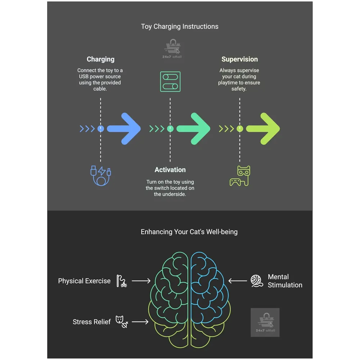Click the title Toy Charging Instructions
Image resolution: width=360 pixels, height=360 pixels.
pyautogui.click(x=180, y=26)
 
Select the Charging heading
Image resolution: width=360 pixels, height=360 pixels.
pyautogui.click(x=100, y=59)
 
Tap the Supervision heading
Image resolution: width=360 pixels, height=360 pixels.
pyautogui.click(x=239, y=59)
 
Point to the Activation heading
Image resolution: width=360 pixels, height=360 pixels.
pyautogui.click(x=170, y=170)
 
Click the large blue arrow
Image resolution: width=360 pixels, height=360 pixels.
pyautogui.click(x=124, y=129)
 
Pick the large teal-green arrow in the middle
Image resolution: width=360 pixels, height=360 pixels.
pyautogui.click(x=194, y=129)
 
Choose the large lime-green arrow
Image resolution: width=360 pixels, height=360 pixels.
pyautogui.click(x=263, y=129)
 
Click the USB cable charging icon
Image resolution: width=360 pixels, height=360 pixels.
pyautogui.click(x=100, y=175)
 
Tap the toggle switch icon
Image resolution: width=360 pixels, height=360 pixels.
pyautogui.click(x=170, y=81)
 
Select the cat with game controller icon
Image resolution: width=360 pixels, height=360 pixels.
pyautogui.click(x=240, y=176)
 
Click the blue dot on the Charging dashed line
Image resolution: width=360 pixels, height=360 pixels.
pyautogui.click(x=101, y=129)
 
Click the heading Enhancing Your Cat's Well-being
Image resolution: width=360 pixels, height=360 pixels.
pyautogui.click(x=189, y=232)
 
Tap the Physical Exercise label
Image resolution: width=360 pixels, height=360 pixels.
pyautogui.click(x=84, y=281)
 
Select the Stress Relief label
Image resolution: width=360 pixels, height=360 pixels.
pyautogui.click(x=91, y=322)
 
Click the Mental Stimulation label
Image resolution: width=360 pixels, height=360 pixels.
pyautogui.click(x=285, y=281)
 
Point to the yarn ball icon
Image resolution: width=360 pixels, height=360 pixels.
pyautogui.click(x=257, y=281)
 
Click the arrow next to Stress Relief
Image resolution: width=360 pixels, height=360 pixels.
pyautogui.click(x=140, y=322)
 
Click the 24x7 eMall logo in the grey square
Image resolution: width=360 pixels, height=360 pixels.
pyautogui.click(x=265, y=323)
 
